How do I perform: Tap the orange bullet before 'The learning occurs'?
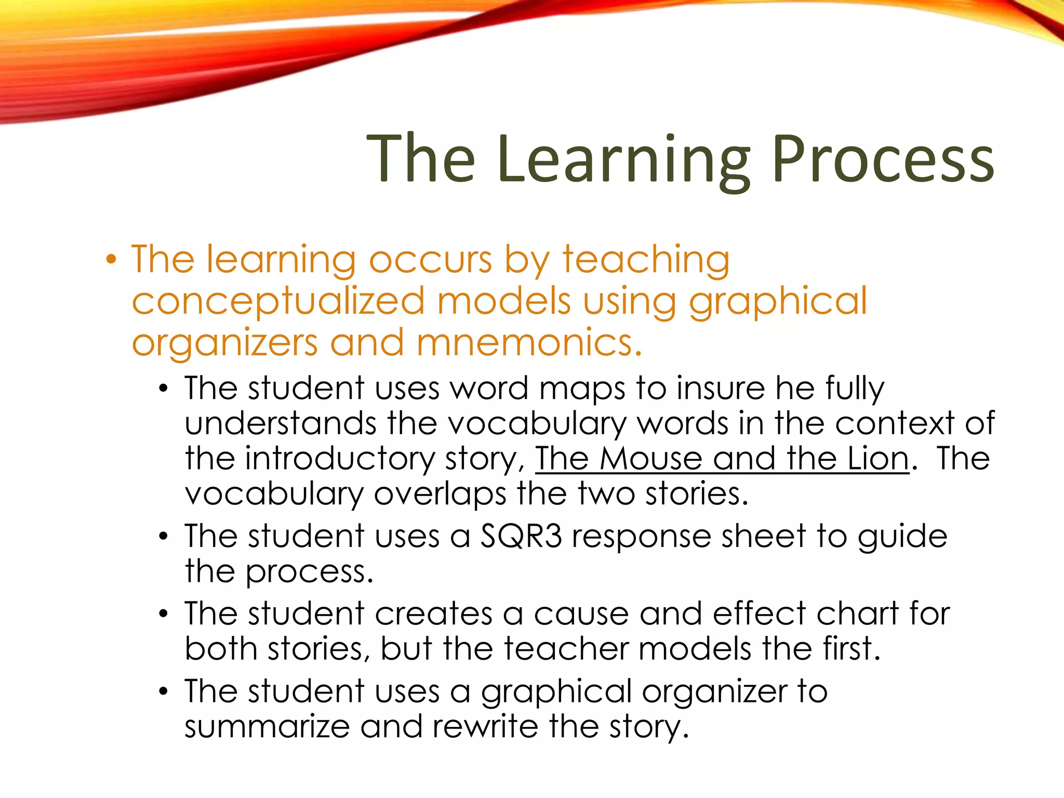(x=111, y=259)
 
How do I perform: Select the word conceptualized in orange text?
(x=278, y=301)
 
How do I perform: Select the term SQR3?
(x=521, y=536)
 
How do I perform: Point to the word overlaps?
(x=440, y=494)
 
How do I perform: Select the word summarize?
(x=267, y=726)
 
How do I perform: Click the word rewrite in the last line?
(x=485, y=726)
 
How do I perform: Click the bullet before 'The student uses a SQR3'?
(x=164, y=537)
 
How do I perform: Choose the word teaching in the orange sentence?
(x=646, y=259)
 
